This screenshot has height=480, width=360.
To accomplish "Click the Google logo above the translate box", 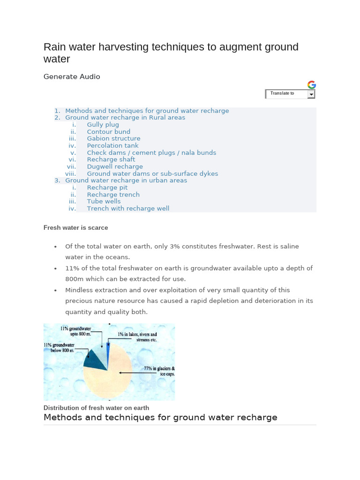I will (312, 85).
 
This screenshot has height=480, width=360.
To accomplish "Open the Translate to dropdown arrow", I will (311, 94).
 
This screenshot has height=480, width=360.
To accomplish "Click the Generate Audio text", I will (72, 76).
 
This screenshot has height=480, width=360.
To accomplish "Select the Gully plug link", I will (103, 125).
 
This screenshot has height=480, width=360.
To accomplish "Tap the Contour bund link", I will (108, 132).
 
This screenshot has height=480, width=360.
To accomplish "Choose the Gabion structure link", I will (113, 139).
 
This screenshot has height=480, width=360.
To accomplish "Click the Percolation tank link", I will (112, 146).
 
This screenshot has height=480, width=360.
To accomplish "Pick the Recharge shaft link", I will (111, 159).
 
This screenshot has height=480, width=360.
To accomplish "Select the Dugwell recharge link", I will (115, 166).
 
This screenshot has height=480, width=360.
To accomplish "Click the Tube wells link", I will (104, 202).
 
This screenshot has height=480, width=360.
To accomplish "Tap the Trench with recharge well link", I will (128, 209).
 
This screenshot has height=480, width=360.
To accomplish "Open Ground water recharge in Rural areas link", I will (125, 118).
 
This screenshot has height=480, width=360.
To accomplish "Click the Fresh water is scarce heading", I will (75, 228).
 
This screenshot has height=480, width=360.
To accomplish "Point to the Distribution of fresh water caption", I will (96, 408).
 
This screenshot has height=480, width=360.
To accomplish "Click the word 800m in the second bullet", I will (75, 279).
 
